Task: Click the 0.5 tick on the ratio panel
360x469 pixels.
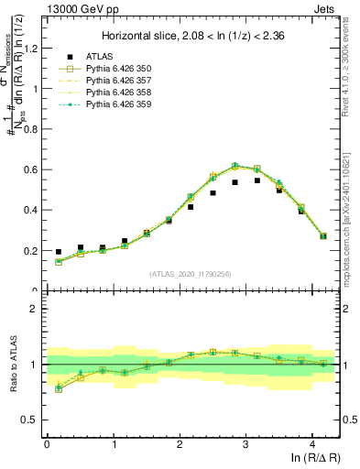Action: coord(32,420)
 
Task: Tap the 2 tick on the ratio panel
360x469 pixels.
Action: coord(36,309)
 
